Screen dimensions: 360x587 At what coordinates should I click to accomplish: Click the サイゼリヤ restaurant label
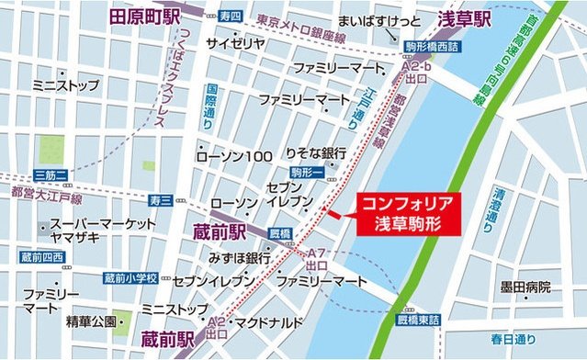[x=235, y=42]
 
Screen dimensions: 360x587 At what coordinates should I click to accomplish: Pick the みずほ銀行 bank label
[x=240, y=257]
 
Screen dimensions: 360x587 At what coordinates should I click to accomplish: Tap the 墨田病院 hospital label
[x=525, y=287]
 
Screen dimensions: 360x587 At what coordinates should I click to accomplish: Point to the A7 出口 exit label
[x=317, y=258]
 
